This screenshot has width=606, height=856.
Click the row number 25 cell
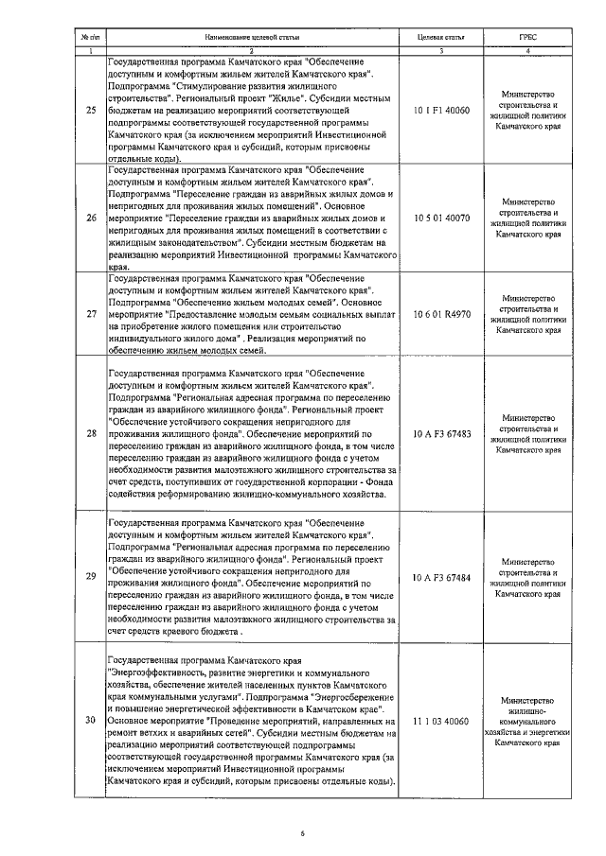click(x=90, y=111)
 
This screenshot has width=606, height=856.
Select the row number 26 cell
click(x=90, y=217)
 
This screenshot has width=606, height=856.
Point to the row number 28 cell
click(x=90, y=433)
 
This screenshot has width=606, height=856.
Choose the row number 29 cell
click(x=90, y=576)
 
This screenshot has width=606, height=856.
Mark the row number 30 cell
click(x=90, y=721)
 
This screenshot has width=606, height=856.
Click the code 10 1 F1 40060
click(x=441, y=111)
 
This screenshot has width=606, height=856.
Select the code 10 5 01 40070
click(x=441, y=217)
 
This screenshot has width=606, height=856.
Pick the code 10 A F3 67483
click(x=441, y=433)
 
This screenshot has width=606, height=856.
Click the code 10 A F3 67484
click(x=441, y=576)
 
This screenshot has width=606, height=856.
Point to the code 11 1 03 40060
click(x=441, y=721)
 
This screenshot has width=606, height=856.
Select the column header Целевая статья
click(x=441, y=36)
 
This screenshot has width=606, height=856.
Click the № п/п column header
click(x=90, y=36)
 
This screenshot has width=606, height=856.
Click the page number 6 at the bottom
click(x=302, y=833)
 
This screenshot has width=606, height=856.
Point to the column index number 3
click(x=441, y=50)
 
